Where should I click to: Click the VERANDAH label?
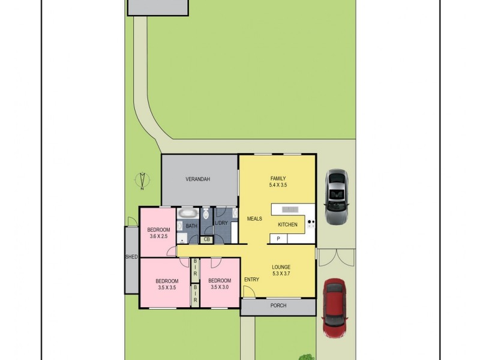[x=197, y=179]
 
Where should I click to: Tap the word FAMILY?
[x=278, y=178]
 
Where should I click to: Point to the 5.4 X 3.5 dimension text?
[x=278, y=185]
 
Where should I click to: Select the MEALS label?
[x=255, y=218]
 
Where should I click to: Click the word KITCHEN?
[x=287, y=224]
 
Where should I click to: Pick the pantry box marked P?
[x=278, y=239]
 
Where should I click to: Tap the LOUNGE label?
[x=281, y=268]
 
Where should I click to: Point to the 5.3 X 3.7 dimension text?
[x=281, y=275]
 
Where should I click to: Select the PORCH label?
[x=278, y=306]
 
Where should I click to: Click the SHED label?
[x=131, y=257]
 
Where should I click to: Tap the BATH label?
[x=191, y=226]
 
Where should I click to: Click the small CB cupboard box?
[x=207, y=239]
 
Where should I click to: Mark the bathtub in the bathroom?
[x=188, y=213]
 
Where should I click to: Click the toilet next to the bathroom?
[x=206, y=214]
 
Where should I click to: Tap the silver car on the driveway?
[x=335, y=196]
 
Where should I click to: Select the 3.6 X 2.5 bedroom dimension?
[x=160, y=236]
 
